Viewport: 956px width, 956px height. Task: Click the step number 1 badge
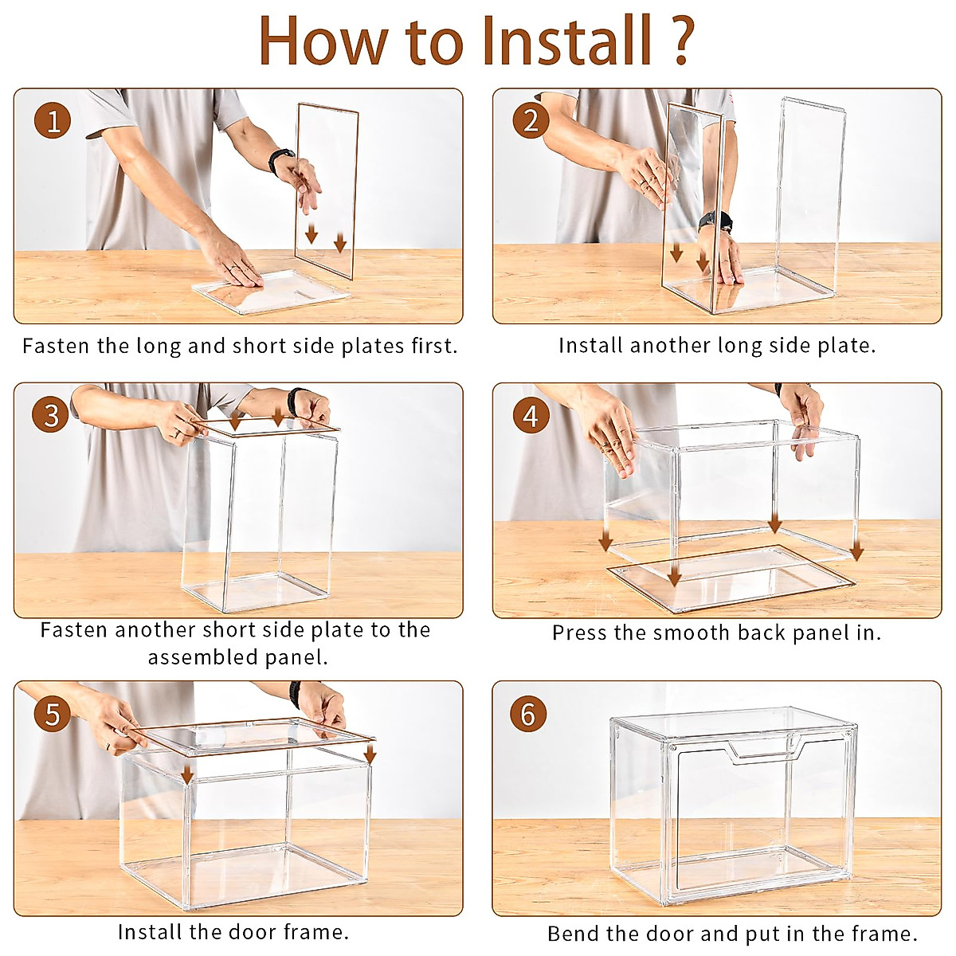coord(53,120)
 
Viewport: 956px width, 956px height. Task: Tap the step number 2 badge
coord(531,120)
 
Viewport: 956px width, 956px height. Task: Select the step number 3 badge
coord(51,415)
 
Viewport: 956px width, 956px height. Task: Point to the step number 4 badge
coord(531,416)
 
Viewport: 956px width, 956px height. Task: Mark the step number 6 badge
coord(528,714)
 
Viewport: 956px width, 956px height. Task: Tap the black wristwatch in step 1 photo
coord(280,160)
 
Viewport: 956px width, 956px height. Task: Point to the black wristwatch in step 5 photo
coord(294,695)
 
